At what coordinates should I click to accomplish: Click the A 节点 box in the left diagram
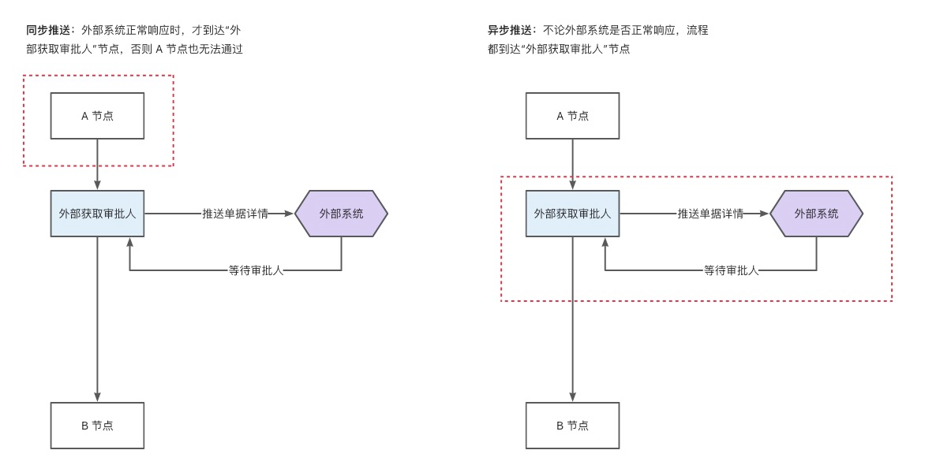coord(97,116)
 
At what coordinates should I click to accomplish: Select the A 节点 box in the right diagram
coord(572,116)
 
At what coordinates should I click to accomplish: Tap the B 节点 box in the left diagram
coord(97,426)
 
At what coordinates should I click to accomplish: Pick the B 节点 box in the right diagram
coord(572,426)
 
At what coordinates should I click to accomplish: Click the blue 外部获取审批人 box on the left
coord(97,214)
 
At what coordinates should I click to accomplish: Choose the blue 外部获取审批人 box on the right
coord(572,214)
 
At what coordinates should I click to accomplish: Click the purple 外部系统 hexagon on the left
coord(341,214)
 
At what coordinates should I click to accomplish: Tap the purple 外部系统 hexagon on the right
coord(816,214)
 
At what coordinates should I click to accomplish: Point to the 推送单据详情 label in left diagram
coord(234,214)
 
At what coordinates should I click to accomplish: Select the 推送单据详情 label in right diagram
coord(710,214)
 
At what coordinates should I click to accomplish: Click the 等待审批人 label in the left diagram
coord(256,270)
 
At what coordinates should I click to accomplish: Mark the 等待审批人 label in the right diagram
coord(731,270)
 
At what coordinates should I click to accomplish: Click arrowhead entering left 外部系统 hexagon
coord(289,214)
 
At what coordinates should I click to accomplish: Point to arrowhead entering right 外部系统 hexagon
coord(764,214)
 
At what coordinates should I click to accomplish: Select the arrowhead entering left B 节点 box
coord(97,397)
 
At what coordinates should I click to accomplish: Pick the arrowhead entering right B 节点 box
coord(572,397)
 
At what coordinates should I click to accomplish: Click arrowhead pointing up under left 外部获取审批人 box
coord(129,242)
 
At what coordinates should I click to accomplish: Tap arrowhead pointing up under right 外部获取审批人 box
coord(605,242)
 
